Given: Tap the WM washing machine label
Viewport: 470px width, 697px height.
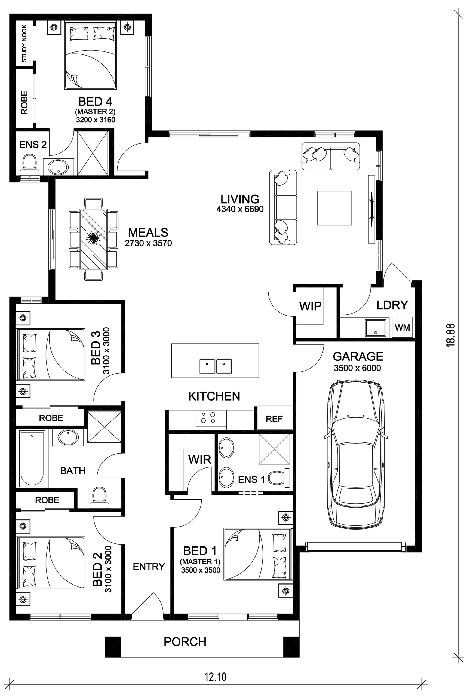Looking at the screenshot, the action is pos(402,327).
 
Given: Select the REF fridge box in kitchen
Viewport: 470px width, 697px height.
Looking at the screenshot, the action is pos(275,418).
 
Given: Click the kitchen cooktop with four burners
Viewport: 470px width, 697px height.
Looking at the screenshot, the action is pos(211,418).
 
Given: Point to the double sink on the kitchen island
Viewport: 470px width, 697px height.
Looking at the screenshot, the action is pos(215,366).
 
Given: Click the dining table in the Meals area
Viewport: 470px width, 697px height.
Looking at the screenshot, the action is pos(94,239).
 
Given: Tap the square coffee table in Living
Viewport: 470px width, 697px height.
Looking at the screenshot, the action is pos(334,208).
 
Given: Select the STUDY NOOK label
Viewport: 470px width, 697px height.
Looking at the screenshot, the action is pos(24,44).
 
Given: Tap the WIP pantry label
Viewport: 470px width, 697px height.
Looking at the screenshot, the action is pos(310,306).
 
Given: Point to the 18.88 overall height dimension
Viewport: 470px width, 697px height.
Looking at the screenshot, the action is pos(450,335).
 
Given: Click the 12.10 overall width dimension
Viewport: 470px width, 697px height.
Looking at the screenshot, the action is pos(216,677).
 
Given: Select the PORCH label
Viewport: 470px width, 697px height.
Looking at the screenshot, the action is pos(185,642).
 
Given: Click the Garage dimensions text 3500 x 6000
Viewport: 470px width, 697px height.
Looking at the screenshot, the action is pos(357,368).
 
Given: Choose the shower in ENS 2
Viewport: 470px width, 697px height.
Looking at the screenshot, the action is pos(93,153).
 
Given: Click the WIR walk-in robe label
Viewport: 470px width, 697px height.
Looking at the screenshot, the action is pos(200,459).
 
